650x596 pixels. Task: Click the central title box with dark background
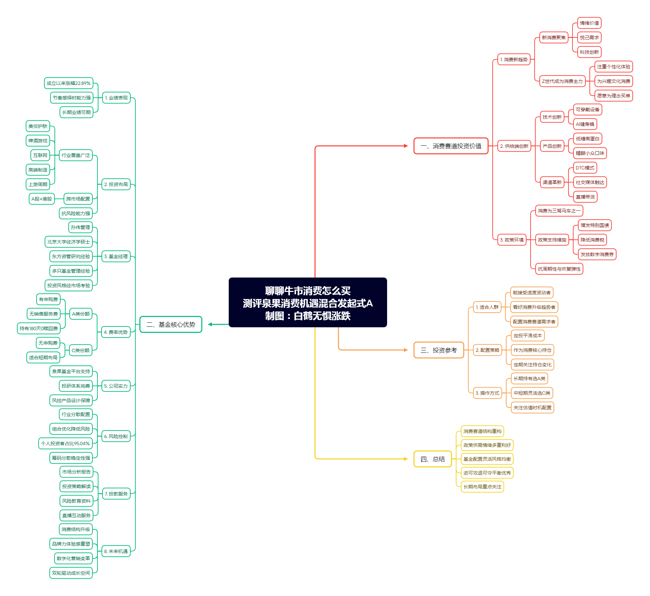click(308, 302)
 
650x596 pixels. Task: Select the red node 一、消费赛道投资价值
click(451, 146)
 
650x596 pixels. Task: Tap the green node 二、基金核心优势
click(171, 325)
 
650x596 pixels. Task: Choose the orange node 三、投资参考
click(439, 350)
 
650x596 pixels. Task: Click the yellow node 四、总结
click(432, 459)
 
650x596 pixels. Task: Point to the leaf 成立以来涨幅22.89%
click(68, 83)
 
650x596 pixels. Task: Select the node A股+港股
click(42, 199)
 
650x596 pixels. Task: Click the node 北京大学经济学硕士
click(68, 242)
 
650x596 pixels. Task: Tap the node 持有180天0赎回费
click(39, 328)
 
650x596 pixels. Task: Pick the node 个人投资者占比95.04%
click(65, 443)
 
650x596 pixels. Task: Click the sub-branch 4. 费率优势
click(116, 332)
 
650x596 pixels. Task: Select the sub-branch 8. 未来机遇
click(116, 551)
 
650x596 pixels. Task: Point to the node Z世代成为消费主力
click(562, 81)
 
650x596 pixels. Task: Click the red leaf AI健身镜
click(585, 124)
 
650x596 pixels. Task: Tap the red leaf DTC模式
click(585, 168)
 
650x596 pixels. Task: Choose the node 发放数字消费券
click(597, 254)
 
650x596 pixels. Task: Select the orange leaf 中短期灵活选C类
click(532, 393)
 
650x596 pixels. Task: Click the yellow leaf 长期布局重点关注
click(482, 487)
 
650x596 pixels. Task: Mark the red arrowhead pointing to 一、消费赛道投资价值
click(406, 146)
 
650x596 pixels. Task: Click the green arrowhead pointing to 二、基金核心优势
click(210, 324)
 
